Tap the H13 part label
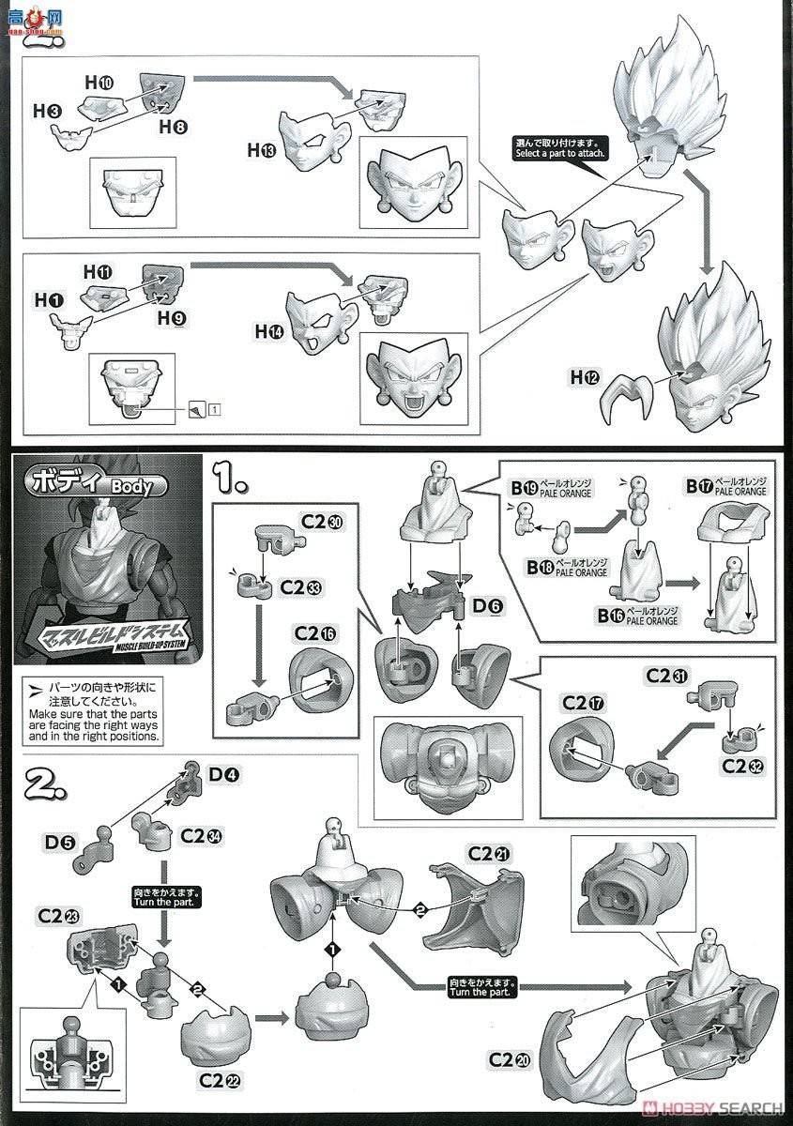[261, 148]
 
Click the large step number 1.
[228, 480]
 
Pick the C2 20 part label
[510, 1060]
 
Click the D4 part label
[221, 775]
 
